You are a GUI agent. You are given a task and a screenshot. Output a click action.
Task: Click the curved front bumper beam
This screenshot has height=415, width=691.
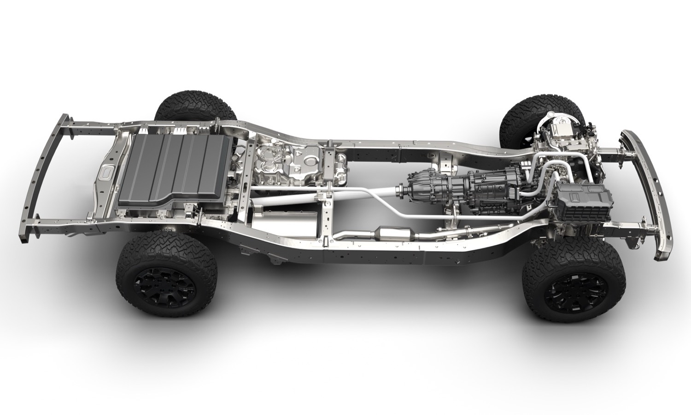point(645,184)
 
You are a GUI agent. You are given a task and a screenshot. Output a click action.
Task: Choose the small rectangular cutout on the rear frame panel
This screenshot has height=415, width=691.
point(106,173)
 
